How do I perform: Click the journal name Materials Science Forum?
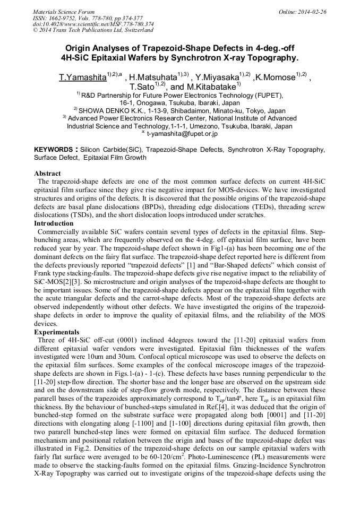coord(64,11)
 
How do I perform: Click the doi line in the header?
coord(93,24)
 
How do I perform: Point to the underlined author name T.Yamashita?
coord(82,78)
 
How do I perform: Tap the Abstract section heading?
coord(47,174)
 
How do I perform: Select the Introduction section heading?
coord(54,223)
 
